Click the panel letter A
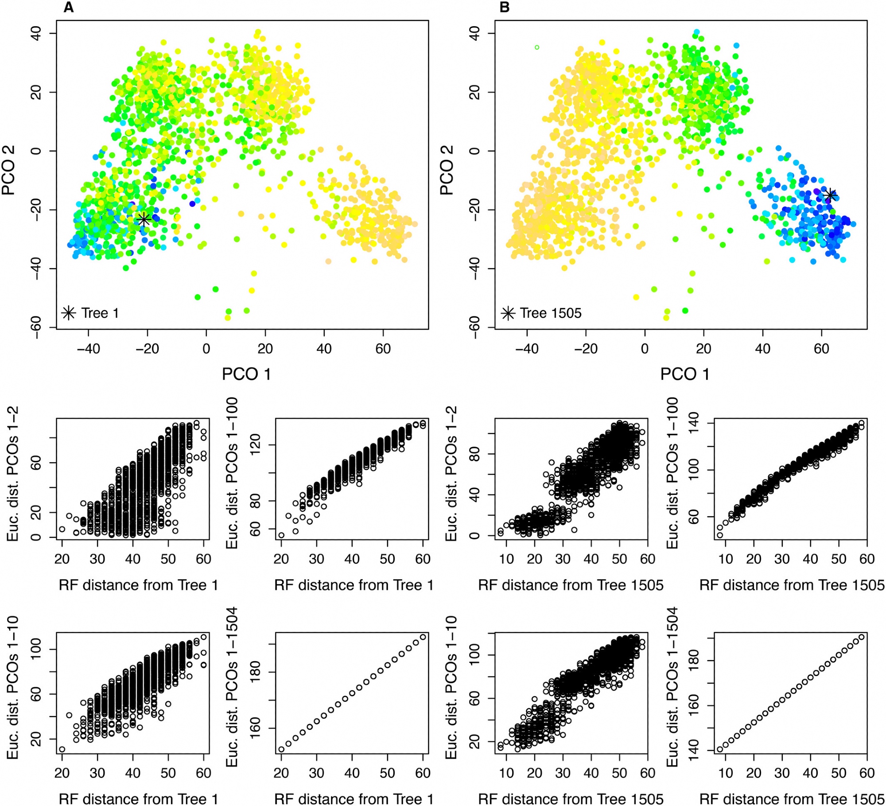click(x=68, y=8)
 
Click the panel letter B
click(x=504, y=8)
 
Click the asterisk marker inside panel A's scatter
click(x=144, y=219)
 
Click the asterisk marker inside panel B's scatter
click(x=831, y=195)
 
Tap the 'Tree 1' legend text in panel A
click(x=100, y=313)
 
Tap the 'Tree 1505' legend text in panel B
click(x=550, y=313)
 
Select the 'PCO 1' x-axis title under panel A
click(x=246, y=374)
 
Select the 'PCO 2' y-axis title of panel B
click(x=447, y=170)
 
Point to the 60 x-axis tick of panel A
click(x=383, y=349)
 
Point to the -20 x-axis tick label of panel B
click(x=586, y=349)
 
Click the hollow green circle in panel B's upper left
click(x=537, y=47)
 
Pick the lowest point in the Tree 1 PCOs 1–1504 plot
click(x=281, y=750)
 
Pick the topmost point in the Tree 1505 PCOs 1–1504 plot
click(x=861, y=637)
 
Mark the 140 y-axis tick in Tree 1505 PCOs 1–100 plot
click(x=694, y=424)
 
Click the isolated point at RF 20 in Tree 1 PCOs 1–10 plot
click(x=62, y=749)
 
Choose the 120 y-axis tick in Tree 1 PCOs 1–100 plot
click(x=256, y=445)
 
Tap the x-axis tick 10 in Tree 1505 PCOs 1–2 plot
click(x=506, y=559)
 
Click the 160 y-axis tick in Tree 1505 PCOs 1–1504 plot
click(x=694, y=705)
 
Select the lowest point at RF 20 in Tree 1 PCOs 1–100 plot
click(x=281, y=535)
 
